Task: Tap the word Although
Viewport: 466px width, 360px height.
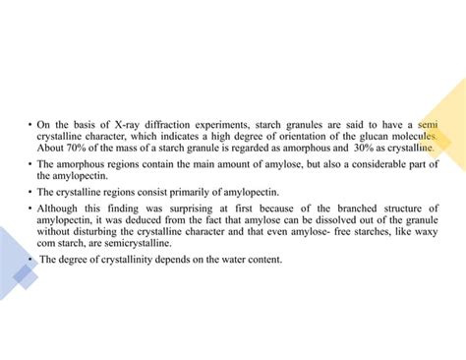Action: pos(61,209)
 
